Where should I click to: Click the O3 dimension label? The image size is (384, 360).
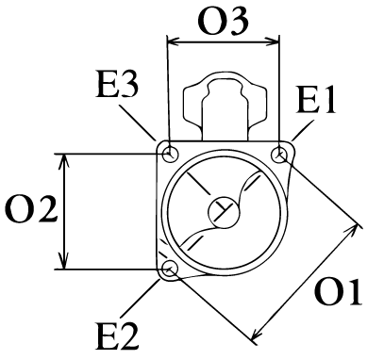coord(223,22)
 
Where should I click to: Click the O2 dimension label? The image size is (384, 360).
coord(31,209)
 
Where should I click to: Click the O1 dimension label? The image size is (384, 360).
coord(339,291)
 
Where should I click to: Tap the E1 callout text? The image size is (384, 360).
coord(316,100)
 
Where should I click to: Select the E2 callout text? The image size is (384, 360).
coord(117,336)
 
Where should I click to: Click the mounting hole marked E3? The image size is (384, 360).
coord(171,154)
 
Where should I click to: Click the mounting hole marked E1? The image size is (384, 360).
coord(279,155)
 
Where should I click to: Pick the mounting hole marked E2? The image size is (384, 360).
coord(170,269)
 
